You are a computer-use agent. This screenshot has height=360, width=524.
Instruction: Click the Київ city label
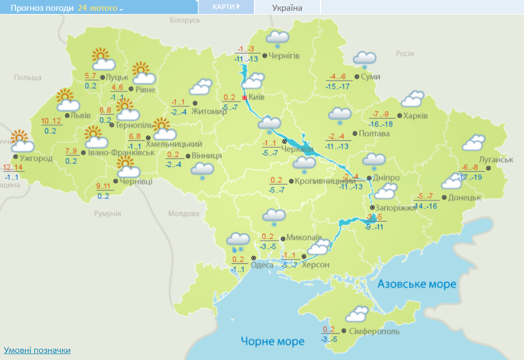point(257,98)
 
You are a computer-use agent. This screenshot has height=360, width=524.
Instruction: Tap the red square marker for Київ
point(245,98)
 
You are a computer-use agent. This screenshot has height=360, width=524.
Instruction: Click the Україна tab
point(287,8)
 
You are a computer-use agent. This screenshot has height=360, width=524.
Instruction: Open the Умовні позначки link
point(37,350)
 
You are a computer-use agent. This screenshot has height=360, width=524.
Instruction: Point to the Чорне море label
point(272,341)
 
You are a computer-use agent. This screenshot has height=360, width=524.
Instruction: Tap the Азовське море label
point(417,284)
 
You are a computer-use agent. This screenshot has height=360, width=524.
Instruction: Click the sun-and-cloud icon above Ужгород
point(21,141)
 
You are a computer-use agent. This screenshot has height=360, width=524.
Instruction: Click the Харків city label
point(416,116)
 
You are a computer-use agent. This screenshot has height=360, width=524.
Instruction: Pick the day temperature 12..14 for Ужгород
point(12,168)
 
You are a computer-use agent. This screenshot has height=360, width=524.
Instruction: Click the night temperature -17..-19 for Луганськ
point(470,177)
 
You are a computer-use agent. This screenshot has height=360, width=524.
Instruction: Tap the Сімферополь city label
point(374,332)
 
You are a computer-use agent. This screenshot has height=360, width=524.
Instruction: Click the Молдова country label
point(183,213)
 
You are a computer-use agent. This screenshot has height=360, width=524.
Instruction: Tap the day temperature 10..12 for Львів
point(51,120)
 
